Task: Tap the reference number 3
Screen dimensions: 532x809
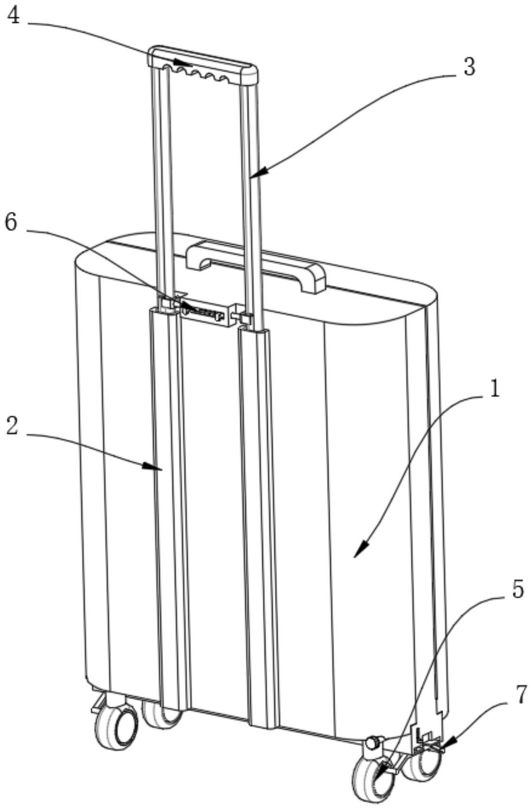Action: (x=468, y=67)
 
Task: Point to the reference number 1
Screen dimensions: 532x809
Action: (x=494, y=388)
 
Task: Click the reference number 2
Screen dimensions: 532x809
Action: (x=12, y=426)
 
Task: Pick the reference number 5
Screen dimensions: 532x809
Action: (x=517, y=590)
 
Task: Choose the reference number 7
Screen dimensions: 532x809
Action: (x=520, y=696)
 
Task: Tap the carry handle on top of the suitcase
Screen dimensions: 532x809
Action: (x=256, y=264)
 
